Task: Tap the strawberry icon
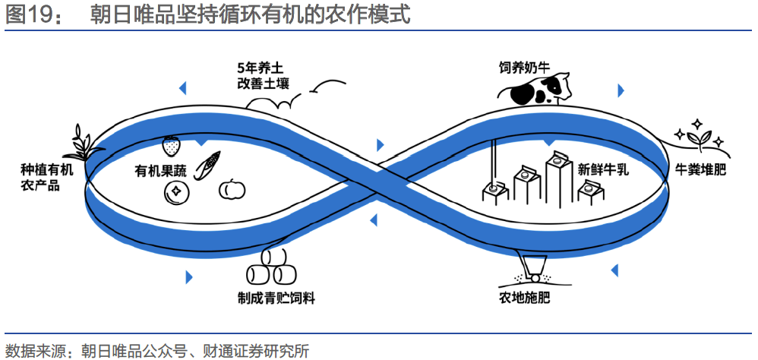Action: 172,144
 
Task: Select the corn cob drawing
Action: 207,166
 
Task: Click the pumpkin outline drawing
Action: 231,189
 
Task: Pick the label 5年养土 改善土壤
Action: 262,75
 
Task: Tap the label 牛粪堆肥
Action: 700,169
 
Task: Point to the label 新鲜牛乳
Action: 603,169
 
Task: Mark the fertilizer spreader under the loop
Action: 529,265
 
